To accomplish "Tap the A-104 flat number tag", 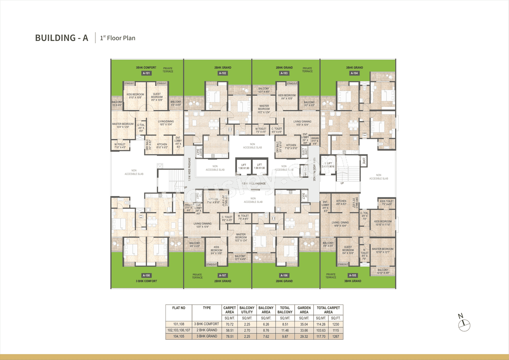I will point(354,73).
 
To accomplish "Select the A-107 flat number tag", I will point(223,275).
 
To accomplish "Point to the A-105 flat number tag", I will point(353,275).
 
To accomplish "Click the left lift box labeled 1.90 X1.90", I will point(244,166).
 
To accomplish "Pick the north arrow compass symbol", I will point(462,323).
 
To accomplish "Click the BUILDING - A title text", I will point(62,38).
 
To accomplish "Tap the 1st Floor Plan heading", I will point(117,38).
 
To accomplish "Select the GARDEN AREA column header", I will point(304,310).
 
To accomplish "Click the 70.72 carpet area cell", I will point(230,324).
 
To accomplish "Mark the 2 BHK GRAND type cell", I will point(207,330).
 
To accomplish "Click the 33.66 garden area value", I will point(304,330).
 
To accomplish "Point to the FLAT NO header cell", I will point(179,308).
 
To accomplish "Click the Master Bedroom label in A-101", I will point(123,125).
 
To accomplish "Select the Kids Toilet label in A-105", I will point(386,203).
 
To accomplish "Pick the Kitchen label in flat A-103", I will point(291,146).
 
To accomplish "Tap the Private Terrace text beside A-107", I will point(197,276).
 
